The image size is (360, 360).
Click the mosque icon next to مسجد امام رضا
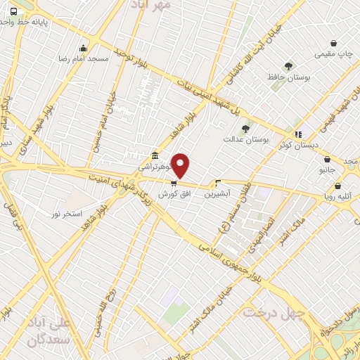[x=84, y=49]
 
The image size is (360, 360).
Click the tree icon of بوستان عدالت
[x=245, y=129]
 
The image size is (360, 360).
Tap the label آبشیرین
[x=218, y=193]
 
